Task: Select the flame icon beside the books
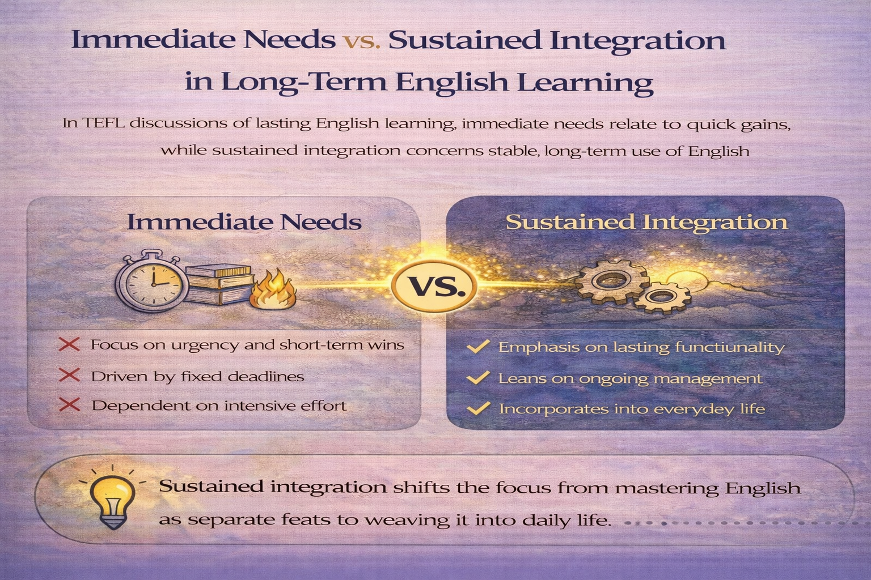(274, 289)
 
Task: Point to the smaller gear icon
(662, 297)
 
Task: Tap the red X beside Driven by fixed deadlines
(69, 376)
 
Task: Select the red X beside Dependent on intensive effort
(69, 405)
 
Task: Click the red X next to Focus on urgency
(69, 344)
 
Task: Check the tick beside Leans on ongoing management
(478, 378)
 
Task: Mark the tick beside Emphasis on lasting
(478, 347)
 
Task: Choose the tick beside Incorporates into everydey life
(478, 408)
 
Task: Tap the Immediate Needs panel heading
(244, 221)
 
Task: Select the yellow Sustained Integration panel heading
(646, 221)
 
